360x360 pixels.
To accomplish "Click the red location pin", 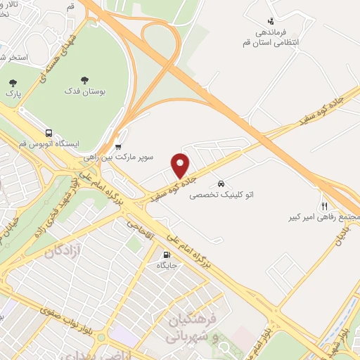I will [181, 165].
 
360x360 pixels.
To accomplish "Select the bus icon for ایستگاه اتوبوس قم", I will [49, 132].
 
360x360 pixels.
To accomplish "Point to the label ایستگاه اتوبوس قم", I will [49, 143].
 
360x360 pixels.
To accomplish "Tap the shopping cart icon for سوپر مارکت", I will [117, 147].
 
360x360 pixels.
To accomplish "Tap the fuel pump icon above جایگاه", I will [166, 255].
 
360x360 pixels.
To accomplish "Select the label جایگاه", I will [166, 266].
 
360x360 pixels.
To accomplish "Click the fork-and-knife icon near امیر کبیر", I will [323, 207].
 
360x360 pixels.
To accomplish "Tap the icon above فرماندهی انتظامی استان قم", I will [271, 22].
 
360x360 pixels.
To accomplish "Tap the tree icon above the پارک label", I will [11, 82].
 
